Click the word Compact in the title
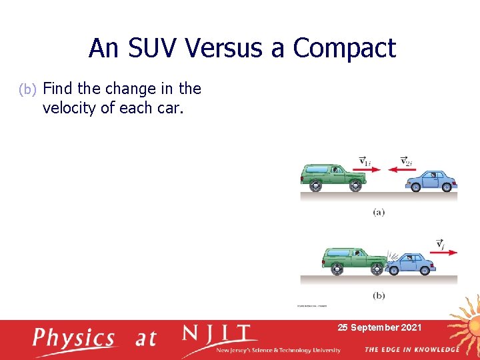coord(344,48)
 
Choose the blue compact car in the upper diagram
coord(431,180)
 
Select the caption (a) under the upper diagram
coord(379,212)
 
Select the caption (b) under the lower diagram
coord(379,295)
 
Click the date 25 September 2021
coord(379,327)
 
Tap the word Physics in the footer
coord(75,338)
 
